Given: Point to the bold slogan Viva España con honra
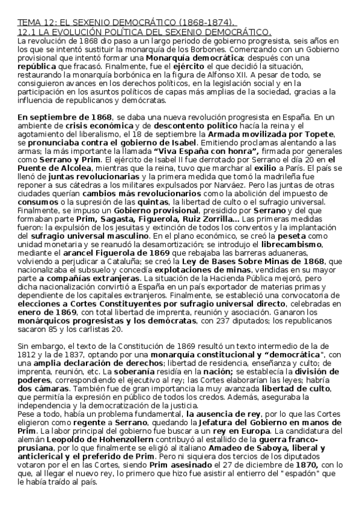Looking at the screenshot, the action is click(198, 152).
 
